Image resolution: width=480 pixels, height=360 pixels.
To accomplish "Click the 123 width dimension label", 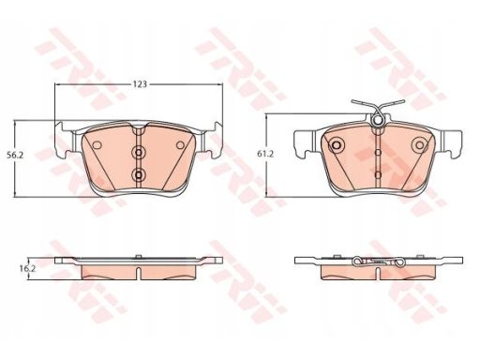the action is click(x=140, y=84).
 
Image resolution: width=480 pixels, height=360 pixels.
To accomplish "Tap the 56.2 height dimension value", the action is click(x=15, y=155).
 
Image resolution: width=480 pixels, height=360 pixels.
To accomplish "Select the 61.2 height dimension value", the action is click(x=265, y=154).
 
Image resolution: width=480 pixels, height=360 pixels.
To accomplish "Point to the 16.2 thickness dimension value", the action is click(x=26, y=268).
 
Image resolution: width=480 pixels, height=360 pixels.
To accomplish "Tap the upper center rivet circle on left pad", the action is click(x=138, y=153).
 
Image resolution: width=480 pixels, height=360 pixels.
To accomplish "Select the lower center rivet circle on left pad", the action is click(x=138, y=174).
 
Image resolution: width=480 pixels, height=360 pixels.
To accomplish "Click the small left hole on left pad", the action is click(x=97, y=145).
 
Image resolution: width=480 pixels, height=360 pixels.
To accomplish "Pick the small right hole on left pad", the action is click(x=180, y=145).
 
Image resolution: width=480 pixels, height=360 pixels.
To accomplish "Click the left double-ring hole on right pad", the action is click(x=337, y=145).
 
